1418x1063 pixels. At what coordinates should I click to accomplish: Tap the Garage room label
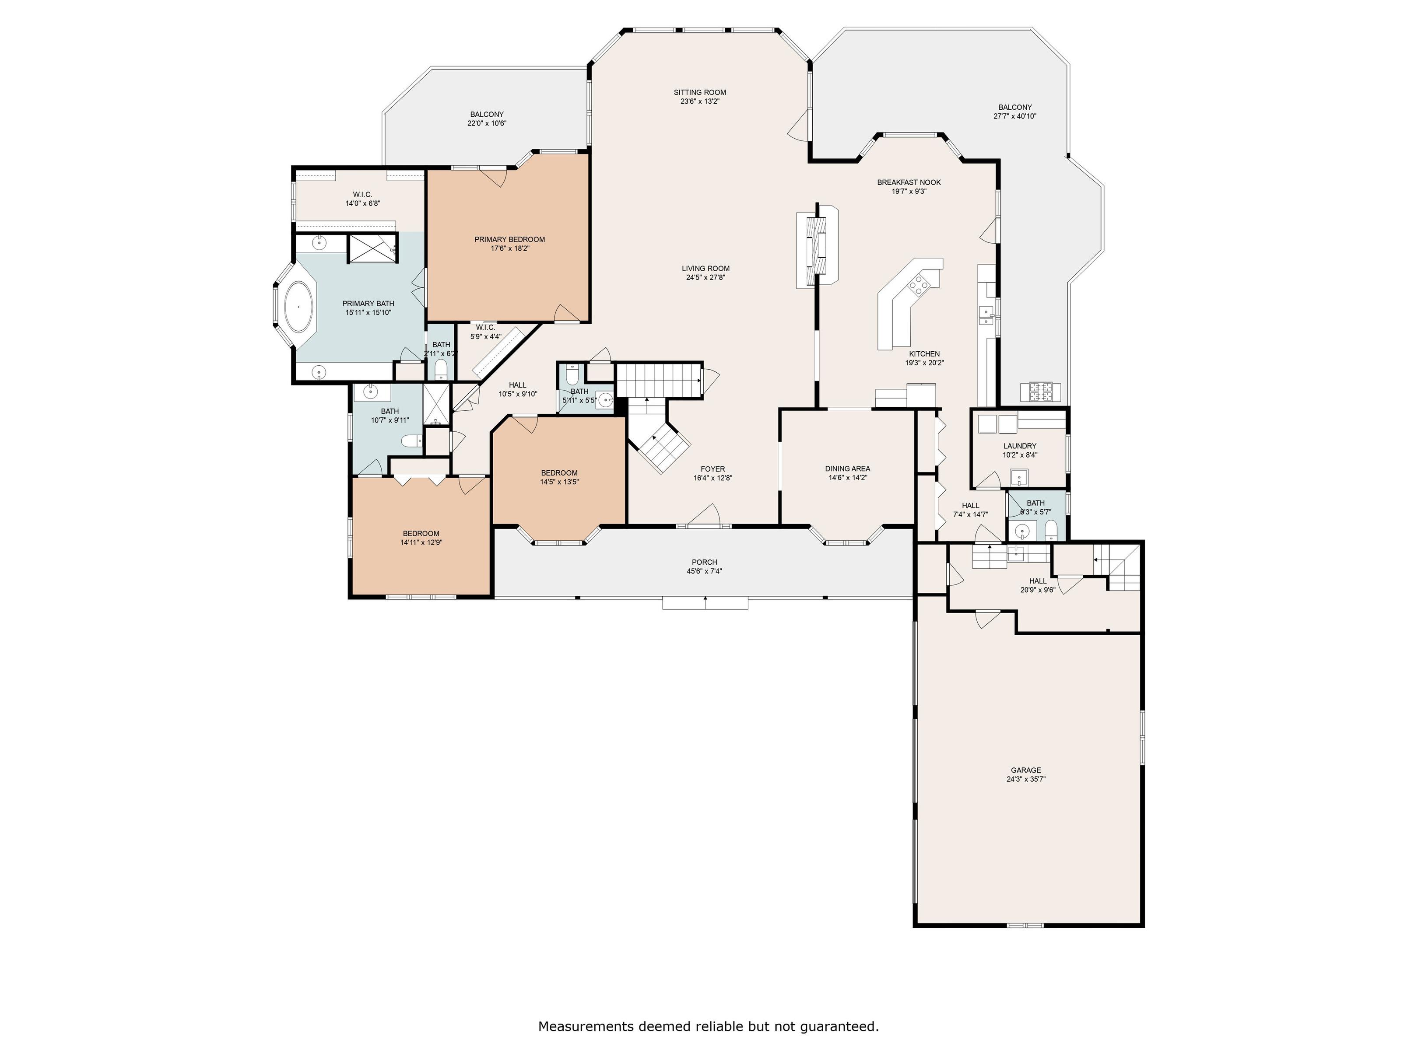(x=1026, y=770)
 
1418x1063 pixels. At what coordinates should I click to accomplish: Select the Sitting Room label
(x=699, y=92)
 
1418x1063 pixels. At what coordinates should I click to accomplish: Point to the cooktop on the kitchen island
(x=919, y=284)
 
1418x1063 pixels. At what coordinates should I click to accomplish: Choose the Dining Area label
(x=847, y=469)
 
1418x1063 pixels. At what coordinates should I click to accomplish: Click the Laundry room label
(x=1019, y=446)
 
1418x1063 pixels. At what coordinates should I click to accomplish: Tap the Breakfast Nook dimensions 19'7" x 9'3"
(x=909, y=191)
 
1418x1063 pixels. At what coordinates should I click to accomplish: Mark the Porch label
(x=704, y=562)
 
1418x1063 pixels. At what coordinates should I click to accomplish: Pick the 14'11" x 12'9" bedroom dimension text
(x=421, y=542)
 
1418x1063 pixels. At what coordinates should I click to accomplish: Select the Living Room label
(x=705, y=269)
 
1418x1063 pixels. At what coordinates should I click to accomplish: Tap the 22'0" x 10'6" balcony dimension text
(x=487, y=123)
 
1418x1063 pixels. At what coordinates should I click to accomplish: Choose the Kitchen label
(x=924, y=354)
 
